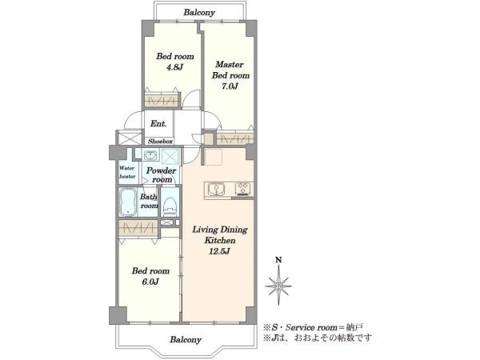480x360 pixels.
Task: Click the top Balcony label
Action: [199, 13]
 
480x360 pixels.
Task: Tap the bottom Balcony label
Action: [186, 339]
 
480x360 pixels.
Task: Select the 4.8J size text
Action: [174, 67]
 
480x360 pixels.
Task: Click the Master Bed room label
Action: [230, 70]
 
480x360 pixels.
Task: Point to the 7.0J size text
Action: [230, 86]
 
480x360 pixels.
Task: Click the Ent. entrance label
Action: [158, 124]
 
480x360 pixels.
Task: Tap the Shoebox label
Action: [161, 142]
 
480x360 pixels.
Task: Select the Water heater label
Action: [127, 172]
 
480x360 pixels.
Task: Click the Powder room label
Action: [162, 174]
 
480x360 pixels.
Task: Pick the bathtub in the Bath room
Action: [128, 202]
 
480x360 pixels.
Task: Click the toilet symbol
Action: [170, 205]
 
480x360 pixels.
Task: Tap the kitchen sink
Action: [216, 189]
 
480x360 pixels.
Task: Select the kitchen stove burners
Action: [243, 188]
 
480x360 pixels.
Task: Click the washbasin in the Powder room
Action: [150, 155]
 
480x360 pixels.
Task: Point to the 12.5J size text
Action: [219, 252]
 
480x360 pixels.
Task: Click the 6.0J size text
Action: [150, 282]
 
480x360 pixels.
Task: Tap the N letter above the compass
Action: [278, 261]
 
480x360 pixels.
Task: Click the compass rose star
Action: [278, 286]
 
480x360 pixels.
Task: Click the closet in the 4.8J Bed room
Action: [161, 101]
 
